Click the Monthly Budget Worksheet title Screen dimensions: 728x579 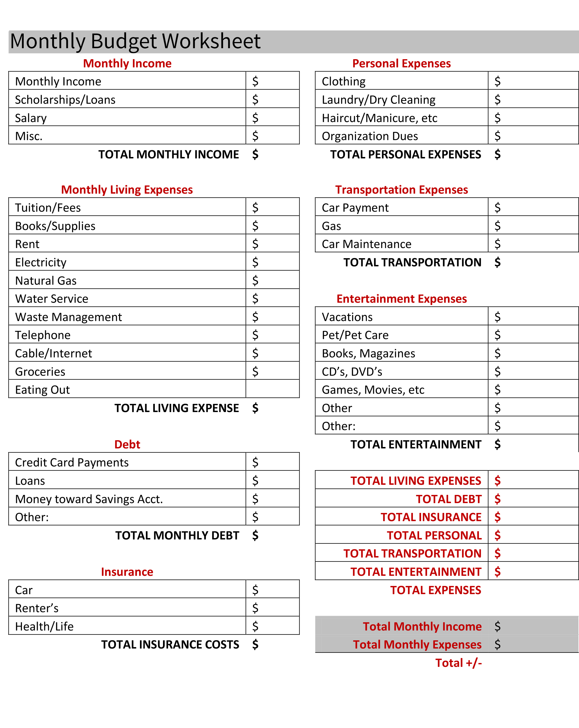click(x=135, y=41)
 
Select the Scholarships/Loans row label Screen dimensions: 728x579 click(x=65, y=100)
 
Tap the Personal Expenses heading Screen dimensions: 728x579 click(x=401, y=63)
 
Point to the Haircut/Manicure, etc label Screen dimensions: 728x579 click(x=379, y=118)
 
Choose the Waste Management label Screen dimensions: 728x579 click(x=69, y=317)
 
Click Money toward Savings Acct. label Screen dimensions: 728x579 click(x=89, y=499)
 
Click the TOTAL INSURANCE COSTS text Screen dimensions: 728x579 click(x=170, y=645)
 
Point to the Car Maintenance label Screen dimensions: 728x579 click(x=367, y=244)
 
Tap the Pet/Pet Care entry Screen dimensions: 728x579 click(x=355, y=335)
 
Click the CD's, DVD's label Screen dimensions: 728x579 click(x=352, y=372)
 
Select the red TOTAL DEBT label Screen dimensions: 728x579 click(x=448, y=499)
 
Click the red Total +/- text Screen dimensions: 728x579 click(x=458, y=663)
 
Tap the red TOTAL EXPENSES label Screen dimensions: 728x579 click(x=435, y=590)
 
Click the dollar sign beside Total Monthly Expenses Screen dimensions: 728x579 click(x=497, y=645)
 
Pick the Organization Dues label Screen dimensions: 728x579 click(x=370, y=136)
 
